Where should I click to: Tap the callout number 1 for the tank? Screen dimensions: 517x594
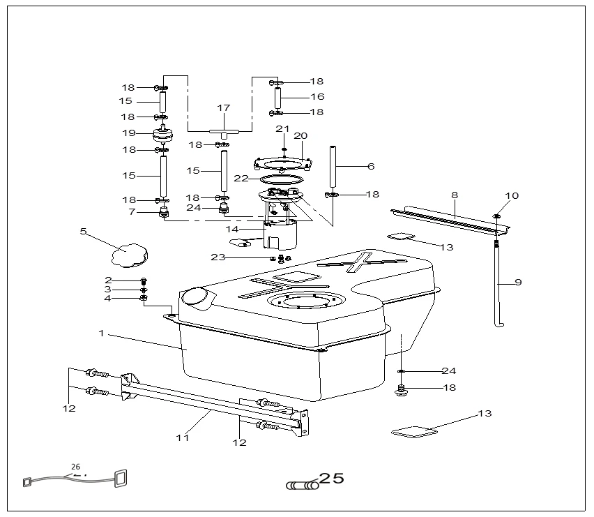[101, 334]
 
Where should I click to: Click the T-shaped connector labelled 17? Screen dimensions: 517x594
[224, 131]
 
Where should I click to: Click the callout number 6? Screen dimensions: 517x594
[371, 166]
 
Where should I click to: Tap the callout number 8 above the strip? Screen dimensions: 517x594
[455, 196]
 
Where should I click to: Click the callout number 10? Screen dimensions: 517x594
[512, 196]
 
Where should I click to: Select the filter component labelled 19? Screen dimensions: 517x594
[162, 133]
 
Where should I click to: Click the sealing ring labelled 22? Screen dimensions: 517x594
[277, 179]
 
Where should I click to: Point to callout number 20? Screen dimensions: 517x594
[300, 135]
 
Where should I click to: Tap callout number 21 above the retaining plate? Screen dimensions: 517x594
[282, 128]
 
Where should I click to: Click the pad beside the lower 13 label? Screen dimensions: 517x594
[413, 432]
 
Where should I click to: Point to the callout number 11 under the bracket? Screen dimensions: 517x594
[182, 438]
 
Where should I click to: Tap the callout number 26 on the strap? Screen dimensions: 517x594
[75, 467]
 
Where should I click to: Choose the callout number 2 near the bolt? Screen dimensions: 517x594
[108, 280]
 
